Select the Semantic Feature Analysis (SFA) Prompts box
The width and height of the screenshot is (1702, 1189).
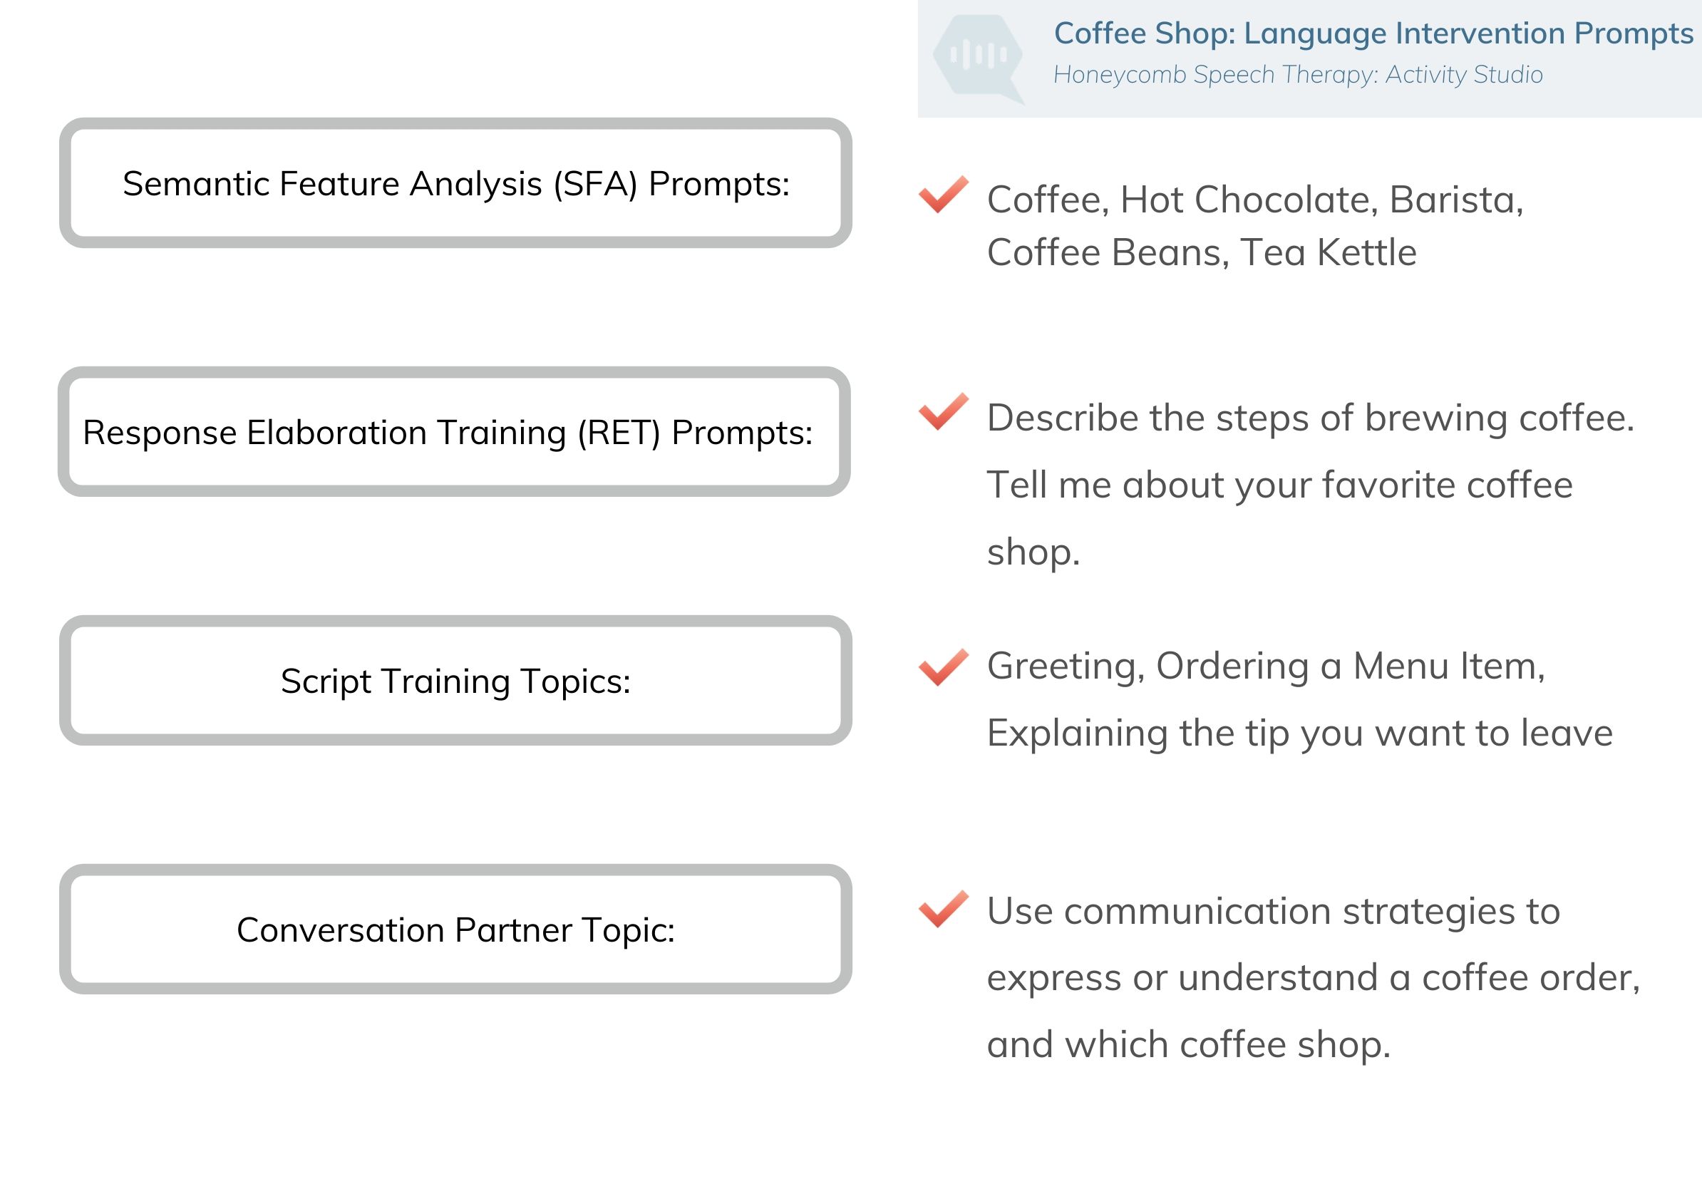(455, 182)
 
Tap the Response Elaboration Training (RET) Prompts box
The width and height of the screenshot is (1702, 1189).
(454, 431)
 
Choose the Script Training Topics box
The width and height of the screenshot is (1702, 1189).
(455, 680)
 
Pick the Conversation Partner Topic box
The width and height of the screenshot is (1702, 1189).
(455, 929)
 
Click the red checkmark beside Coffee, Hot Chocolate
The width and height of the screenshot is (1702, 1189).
(943, 194)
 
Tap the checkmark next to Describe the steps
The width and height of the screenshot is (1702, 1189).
(943, 411)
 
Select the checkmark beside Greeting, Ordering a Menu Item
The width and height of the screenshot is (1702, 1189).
(943, 666)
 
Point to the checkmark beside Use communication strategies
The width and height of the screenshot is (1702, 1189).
(943, 909)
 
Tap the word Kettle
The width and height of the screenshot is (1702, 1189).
(1367, 253)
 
